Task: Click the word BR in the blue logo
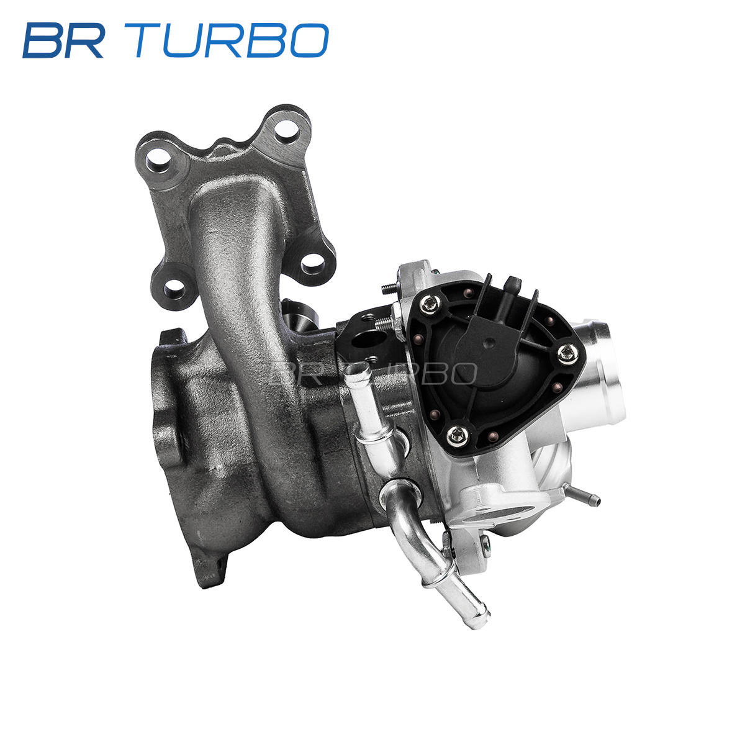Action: click(63, 40)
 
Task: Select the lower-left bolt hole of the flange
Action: click(174, 287)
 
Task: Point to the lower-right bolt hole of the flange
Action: click(313, 263)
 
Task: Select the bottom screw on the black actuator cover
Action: click(458, 436)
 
